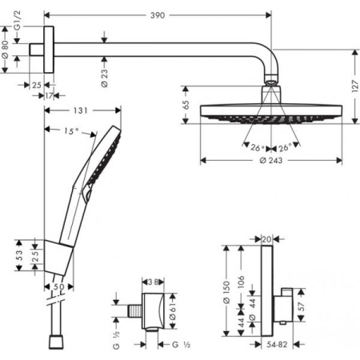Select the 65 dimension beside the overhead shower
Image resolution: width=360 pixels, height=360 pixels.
click(186, 104)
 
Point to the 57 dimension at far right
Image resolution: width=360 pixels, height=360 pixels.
click(302, 306)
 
